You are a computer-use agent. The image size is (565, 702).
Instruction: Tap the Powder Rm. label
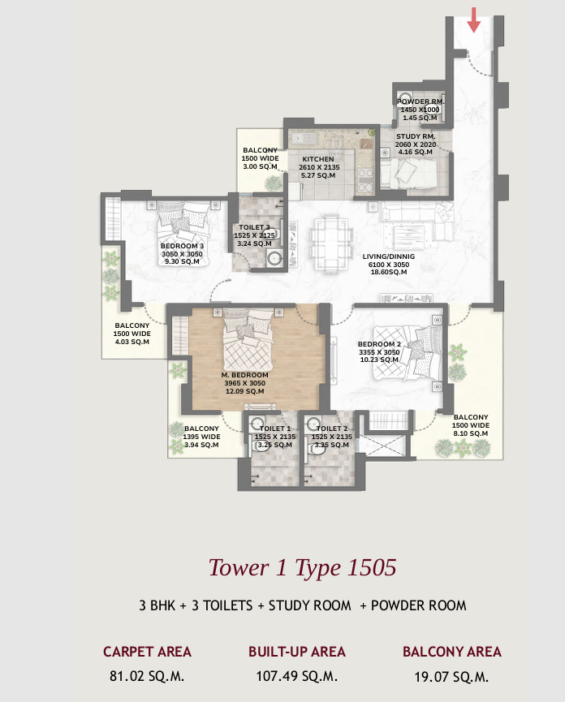click(419, 101)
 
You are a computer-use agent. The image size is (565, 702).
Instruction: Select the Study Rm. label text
click(416, 136)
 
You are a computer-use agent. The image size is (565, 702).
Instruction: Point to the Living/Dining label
click(388, 256)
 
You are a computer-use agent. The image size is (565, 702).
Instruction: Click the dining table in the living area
click(331, 238)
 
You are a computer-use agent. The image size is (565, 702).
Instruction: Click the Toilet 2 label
click(332, 429)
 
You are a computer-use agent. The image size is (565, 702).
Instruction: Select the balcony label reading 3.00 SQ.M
click(260, 158)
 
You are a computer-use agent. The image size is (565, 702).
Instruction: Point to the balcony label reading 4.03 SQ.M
click(132, 334)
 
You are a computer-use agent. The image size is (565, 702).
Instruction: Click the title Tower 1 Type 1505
click(302, 566)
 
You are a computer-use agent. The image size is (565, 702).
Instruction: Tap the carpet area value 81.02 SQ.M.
click(147, 675)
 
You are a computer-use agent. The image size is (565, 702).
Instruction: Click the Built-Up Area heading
click(297, 652)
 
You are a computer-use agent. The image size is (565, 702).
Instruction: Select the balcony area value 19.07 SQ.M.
click(451, 675)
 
